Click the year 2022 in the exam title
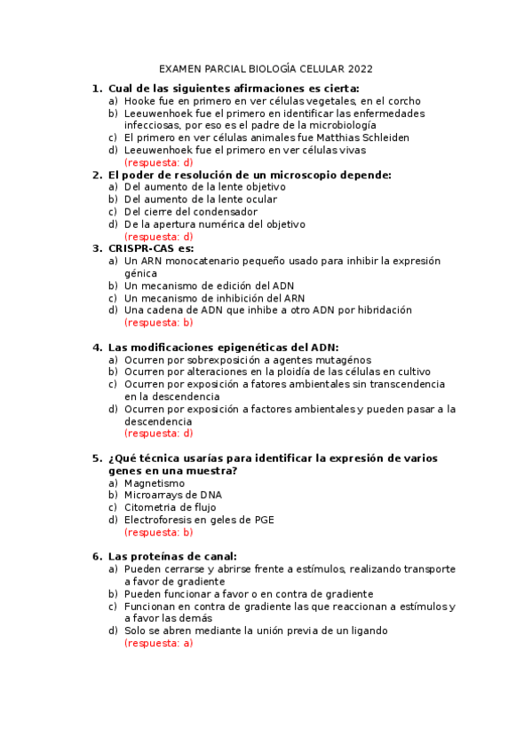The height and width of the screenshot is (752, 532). pos(361,68)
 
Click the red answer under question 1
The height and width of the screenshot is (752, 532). pos(159,163)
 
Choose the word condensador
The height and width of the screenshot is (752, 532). pos(226,212)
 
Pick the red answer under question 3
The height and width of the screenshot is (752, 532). pos(159,323)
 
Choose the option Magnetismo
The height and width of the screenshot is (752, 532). pos(155,483)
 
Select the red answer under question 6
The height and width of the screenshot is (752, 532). pos(159,644)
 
